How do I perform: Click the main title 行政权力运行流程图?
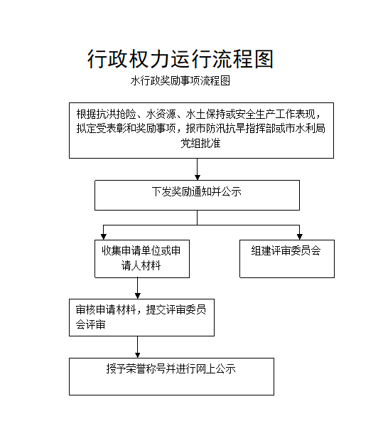(180, 59)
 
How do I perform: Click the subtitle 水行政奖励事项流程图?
(180, 80)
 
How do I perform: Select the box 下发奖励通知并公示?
(197, 195)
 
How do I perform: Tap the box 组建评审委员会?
(287, 259)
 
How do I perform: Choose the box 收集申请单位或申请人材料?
(142, 259)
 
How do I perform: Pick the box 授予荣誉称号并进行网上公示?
(171, 376)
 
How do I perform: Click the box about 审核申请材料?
(141, 317)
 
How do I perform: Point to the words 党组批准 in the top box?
(200, 143)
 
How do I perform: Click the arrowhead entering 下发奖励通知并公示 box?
(198, 177)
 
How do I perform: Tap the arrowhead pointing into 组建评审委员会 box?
(300, 237)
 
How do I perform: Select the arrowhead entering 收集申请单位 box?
(104, 237)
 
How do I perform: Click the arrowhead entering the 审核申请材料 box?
(137, 296)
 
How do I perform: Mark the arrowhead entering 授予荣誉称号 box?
(137, 355)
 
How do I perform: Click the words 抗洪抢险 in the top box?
(117, 114)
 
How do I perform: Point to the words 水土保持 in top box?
(205, 114)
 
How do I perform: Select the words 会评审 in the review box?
(90, 324)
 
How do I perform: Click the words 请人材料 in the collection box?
(141, 265)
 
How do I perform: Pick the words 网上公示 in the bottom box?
(216, 368)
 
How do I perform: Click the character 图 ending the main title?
(264, 59)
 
